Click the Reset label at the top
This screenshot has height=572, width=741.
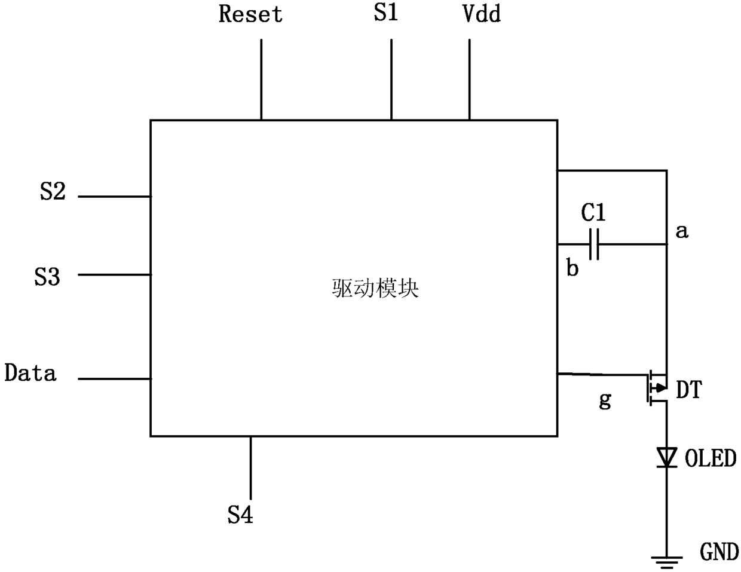[x=250, y=14]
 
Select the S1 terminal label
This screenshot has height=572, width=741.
[x=385, y=13]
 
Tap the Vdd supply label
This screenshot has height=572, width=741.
[x=482, y=14]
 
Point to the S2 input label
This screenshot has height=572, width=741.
[x=53, y=191]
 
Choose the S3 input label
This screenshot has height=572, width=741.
[x=47, y=276]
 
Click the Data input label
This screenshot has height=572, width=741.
[x=30, y=372]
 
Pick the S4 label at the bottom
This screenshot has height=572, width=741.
[x=240, y=515]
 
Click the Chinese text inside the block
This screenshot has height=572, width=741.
[x=375, y=289]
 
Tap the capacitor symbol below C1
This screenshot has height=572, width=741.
[x=594, y=244]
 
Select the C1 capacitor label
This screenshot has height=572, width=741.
[x=593, y=212]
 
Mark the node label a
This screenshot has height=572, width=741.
[x=682, y=231]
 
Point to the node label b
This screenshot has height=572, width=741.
[x=572, y=267]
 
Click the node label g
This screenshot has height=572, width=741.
[x=605, y=400]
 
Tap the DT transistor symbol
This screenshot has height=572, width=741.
[x=657, y=388]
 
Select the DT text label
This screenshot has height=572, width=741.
[x=689, y=390]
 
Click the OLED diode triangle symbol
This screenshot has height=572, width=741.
[x=667, y=457]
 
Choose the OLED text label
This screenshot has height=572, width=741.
[x=711, y=458]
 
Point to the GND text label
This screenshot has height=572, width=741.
[x=719, y=552]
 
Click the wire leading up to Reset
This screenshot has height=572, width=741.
[x=261, y=79]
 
